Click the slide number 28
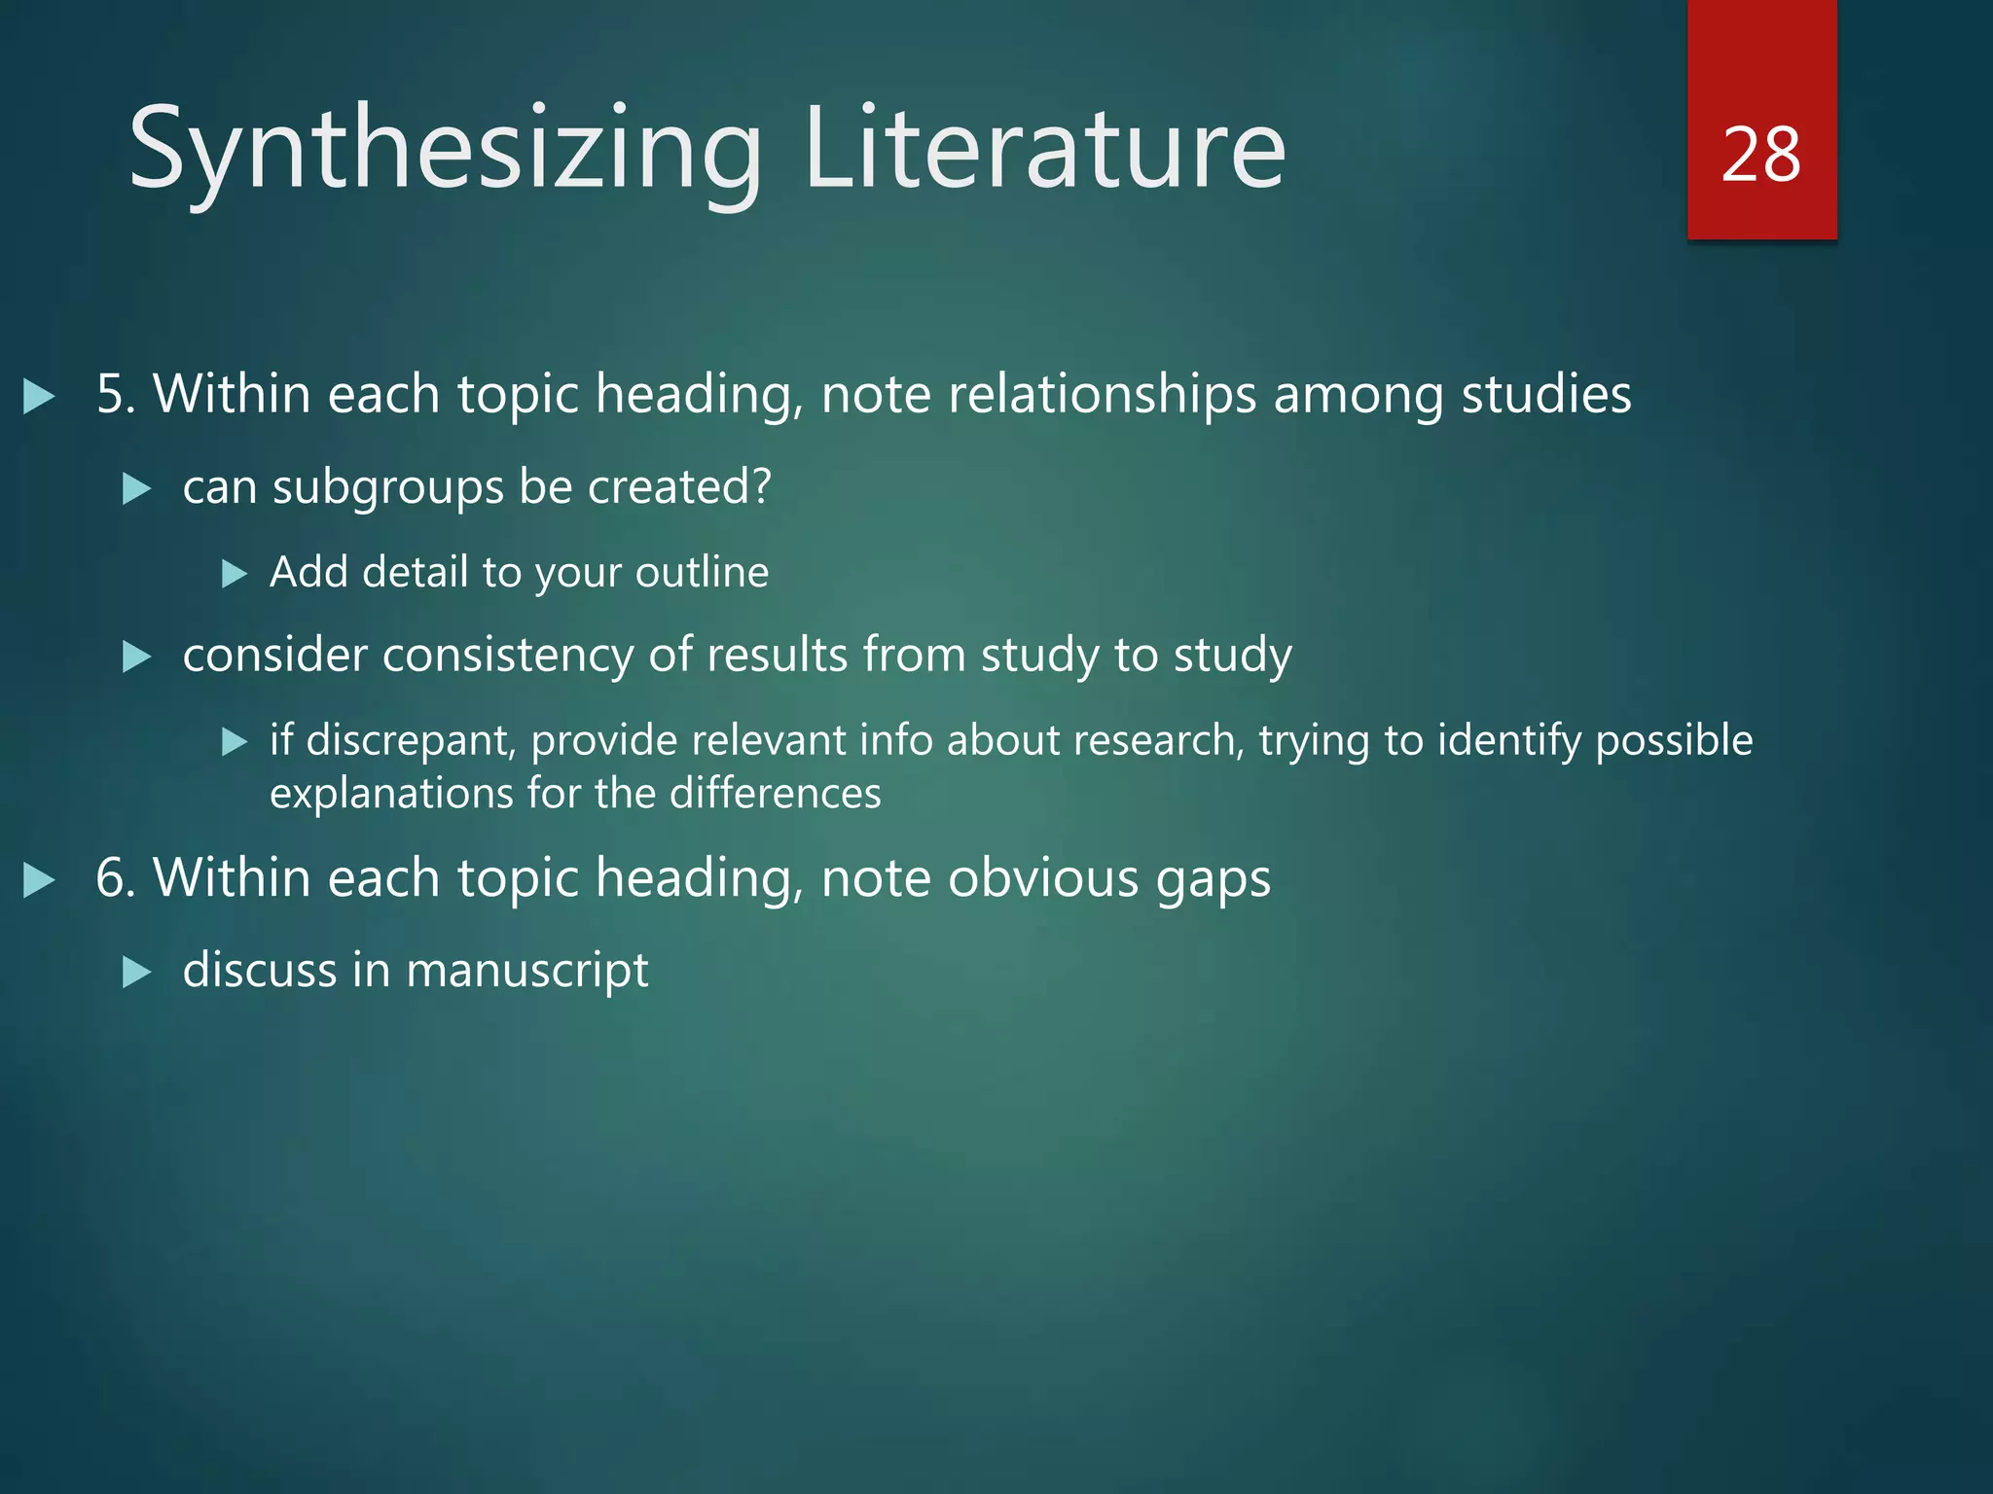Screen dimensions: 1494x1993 (1760, 155)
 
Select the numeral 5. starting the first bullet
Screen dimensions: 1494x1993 (116, 395)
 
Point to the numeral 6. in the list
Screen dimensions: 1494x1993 (116, 878)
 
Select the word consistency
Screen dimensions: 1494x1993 (507, 655)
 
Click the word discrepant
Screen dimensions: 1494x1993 (410, 741)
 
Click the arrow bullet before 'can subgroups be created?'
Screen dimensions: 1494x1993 (137, 488)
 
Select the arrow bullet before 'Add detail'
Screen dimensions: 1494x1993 (235, 574)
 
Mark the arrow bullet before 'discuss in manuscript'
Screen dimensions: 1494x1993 (137, 972)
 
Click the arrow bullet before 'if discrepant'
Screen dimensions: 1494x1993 (235, 743)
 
